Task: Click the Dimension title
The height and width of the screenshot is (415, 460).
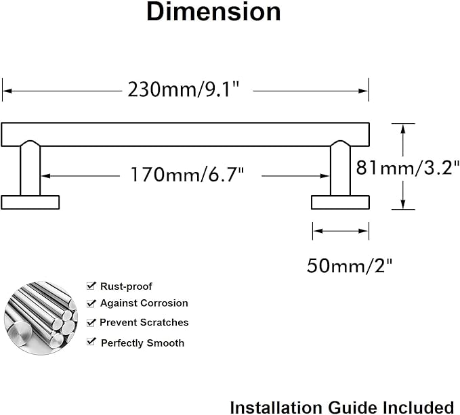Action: coord(213,13)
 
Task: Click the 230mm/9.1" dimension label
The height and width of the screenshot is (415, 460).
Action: coord(184,89)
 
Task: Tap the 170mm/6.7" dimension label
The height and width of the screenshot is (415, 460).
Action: coord(187,175)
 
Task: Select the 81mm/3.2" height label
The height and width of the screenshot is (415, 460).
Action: coord(408,167)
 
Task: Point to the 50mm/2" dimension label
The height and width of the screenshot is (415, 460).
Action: coord(350,265)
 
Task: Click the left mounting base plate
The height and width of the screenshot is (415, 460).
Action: coord(30,202)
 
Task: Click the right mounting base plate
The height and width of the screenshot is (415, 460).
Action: coord(340,202)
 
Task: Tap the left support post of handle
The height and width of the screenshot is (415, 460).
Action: coord(30,169)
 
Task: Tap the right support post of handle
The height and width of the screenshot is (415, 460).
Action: coord(340,169)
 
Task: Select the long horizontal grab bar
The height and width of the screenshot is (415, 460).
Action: coord(185,134)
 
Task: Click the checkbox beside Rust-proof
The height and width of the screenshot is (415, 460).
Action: coord(91,286)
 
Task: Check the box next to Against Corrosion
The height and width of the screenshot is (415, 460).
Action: coord(91,303)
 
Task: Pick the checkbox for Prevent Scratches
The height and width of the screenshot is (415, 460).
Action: coord(91,322)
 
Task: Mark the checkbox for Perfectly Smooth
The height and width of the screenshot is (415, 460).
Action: coord(91,343)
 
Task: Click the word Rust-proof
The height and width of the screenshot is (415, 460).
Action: coord(126,286)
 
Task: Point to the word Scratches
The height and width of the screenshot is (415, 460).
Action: coord(165,322)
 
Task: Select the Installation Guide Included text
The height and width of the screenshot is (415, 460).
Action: coord(341,406)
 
